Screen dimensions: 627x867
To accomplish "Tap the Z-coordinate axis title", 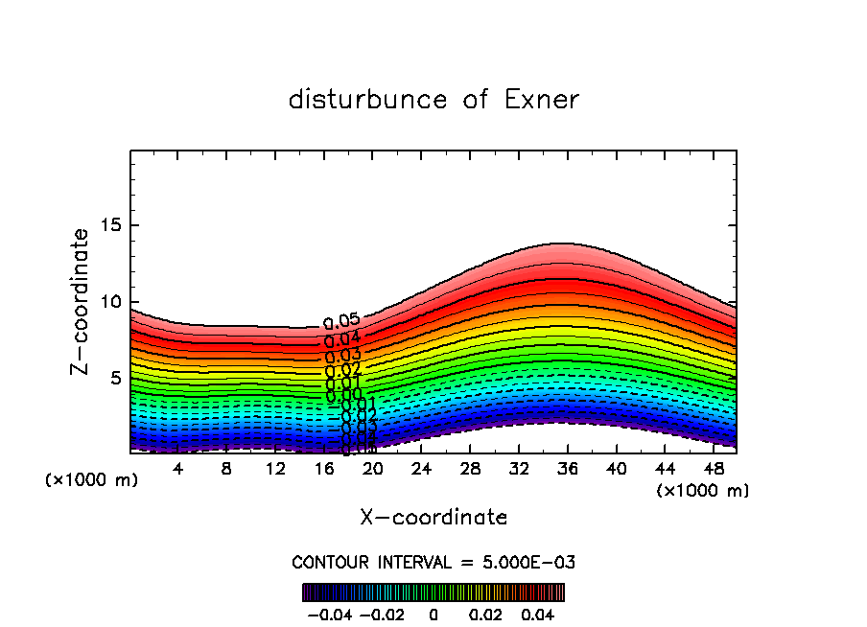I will click(x=82, y=301).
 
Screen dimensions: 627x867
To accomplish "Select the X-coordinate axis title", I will click(x=433, y=518).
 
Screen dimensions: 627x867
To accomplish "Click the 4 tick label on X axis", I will click(x=178, y=469).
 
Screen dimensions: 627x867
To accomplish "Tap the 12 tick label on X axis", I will click(x=276, y=469).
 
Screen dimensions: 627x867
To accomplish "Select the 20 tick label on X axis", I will click(x=373, y=469).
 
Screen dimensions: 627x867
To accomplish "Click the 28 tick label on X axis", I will click(x=470, y=469).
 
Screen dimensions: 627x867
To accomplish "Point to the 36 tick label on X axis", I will click(x=568, y=469).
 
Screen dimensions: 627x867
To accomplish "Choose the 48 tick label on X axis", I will click(x=714, y=469).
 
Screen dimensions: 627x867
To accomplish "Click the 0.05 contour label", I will click(x=341, y=322).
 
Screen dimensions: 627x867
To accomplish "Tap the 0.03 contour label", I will click(x=342, y=356).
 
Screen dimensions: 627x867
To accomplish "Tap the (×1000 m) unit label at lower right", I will click(x=702, y=491).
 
